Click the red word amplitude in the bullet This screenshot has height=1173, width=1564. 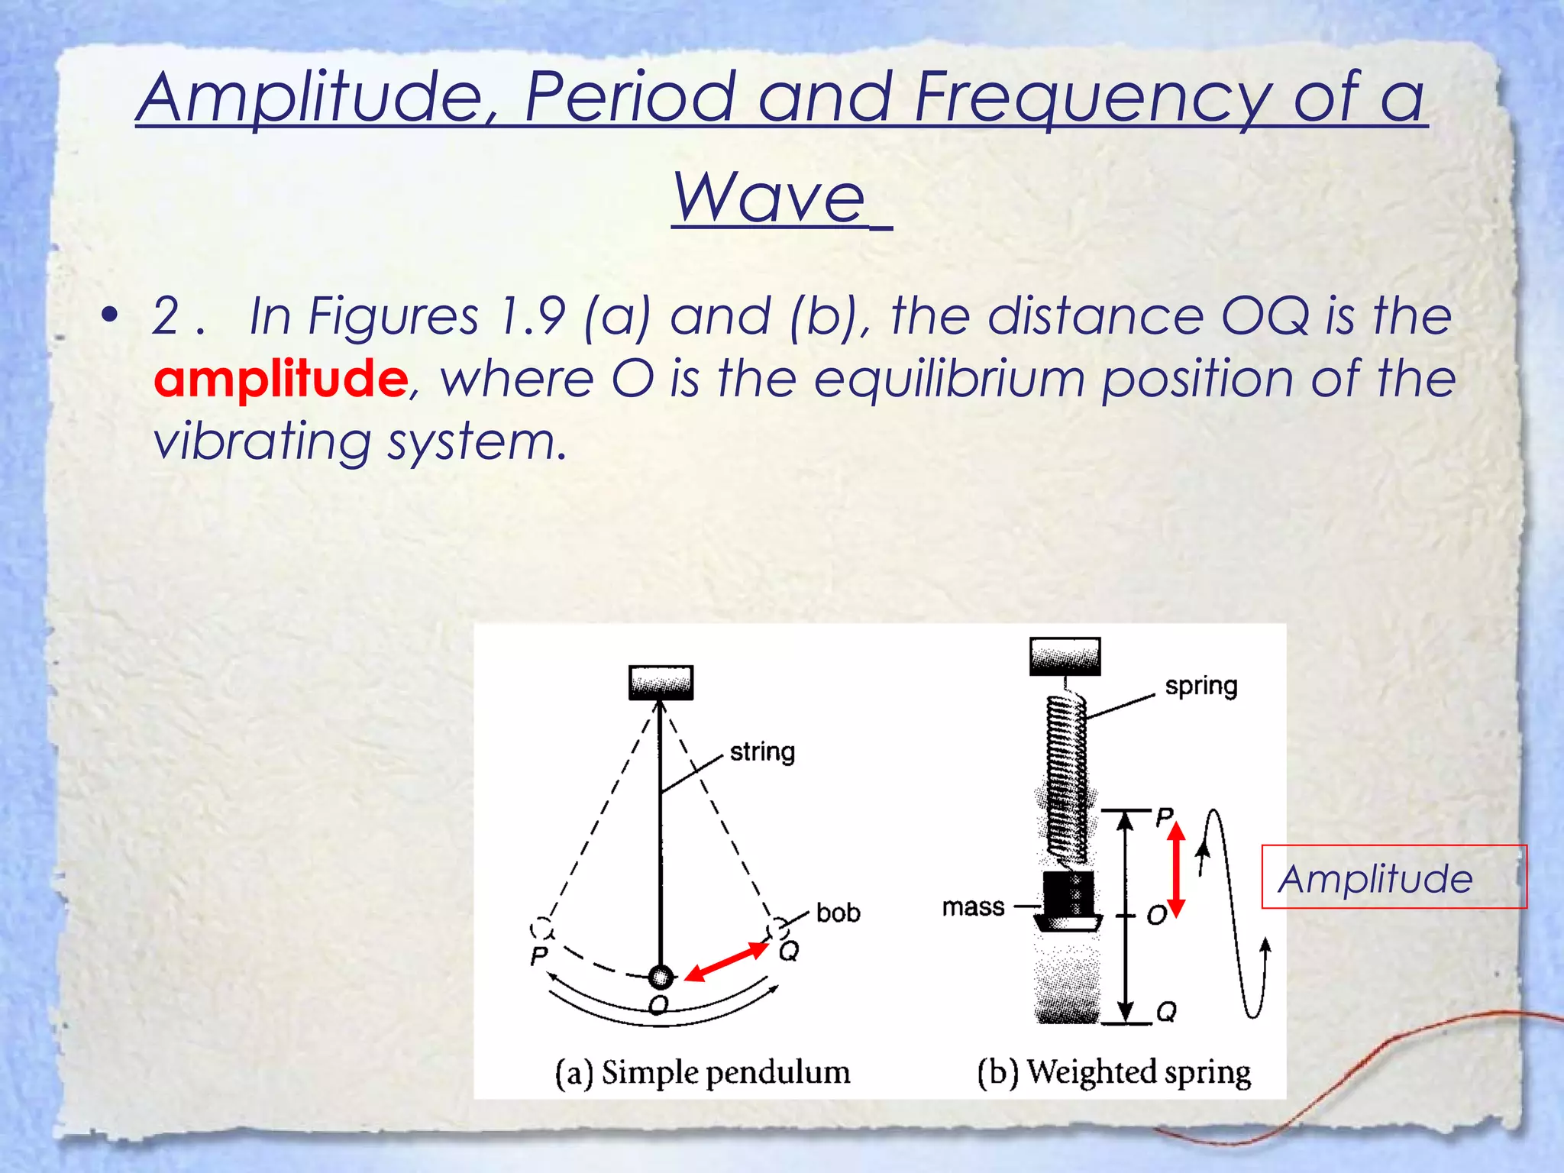click(280, 378)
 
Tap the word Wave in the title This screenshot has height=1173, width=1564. click(769, 197)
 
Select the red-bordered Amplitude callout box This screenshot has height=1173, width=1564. click(1393, 877)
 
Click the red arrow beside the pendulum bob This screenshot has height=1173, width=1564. click(725, 961)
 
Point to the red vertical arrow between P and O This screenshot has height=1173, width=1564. click(1176, 869)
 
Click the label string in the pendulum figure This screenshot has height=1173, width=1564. click(762, 751)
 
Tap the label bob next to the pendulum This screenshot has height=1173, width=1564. click(838, 913)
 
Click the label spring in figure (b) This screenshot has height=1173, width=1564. click(1200, 686)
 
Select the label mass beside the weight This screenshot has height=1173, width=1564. click(973, 906)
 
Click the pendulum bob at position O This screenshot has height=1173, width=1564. click(661, 976)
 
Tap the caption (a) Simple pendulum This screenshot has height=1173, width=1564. click(702, 1071)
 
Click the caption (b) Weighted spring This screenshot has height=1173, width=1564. click(1113, 1071)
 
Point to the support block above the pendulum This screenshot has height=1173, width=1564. click(661, 682)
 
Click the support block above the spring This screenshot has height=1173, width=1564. click(1065, 656)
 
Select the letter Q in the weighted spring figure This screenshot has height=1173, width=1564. click(1166, 1012)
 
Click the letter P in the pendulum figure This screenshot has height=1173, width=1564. click(539, 955)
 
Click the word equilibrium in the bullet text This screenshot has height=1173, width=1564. click(948, 378)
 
